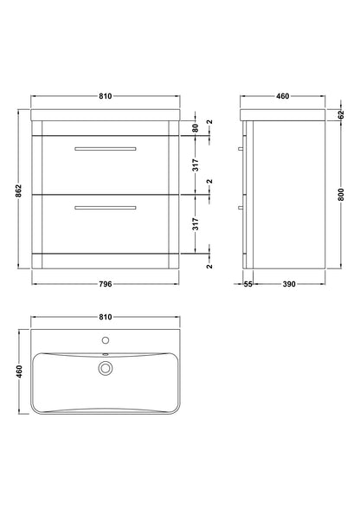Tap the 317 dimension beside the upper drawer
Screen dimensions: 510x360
pyautogui.click(x=197, y=163)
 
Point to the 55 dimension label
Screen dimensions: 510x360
pyautogui.click(x=247, y=283)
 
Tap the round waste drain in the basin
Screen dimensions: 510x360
pyautogui.click(x=105, y=370)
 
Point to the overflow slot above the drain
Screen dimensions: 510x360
pyautogui.click(x=105, y=356)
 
